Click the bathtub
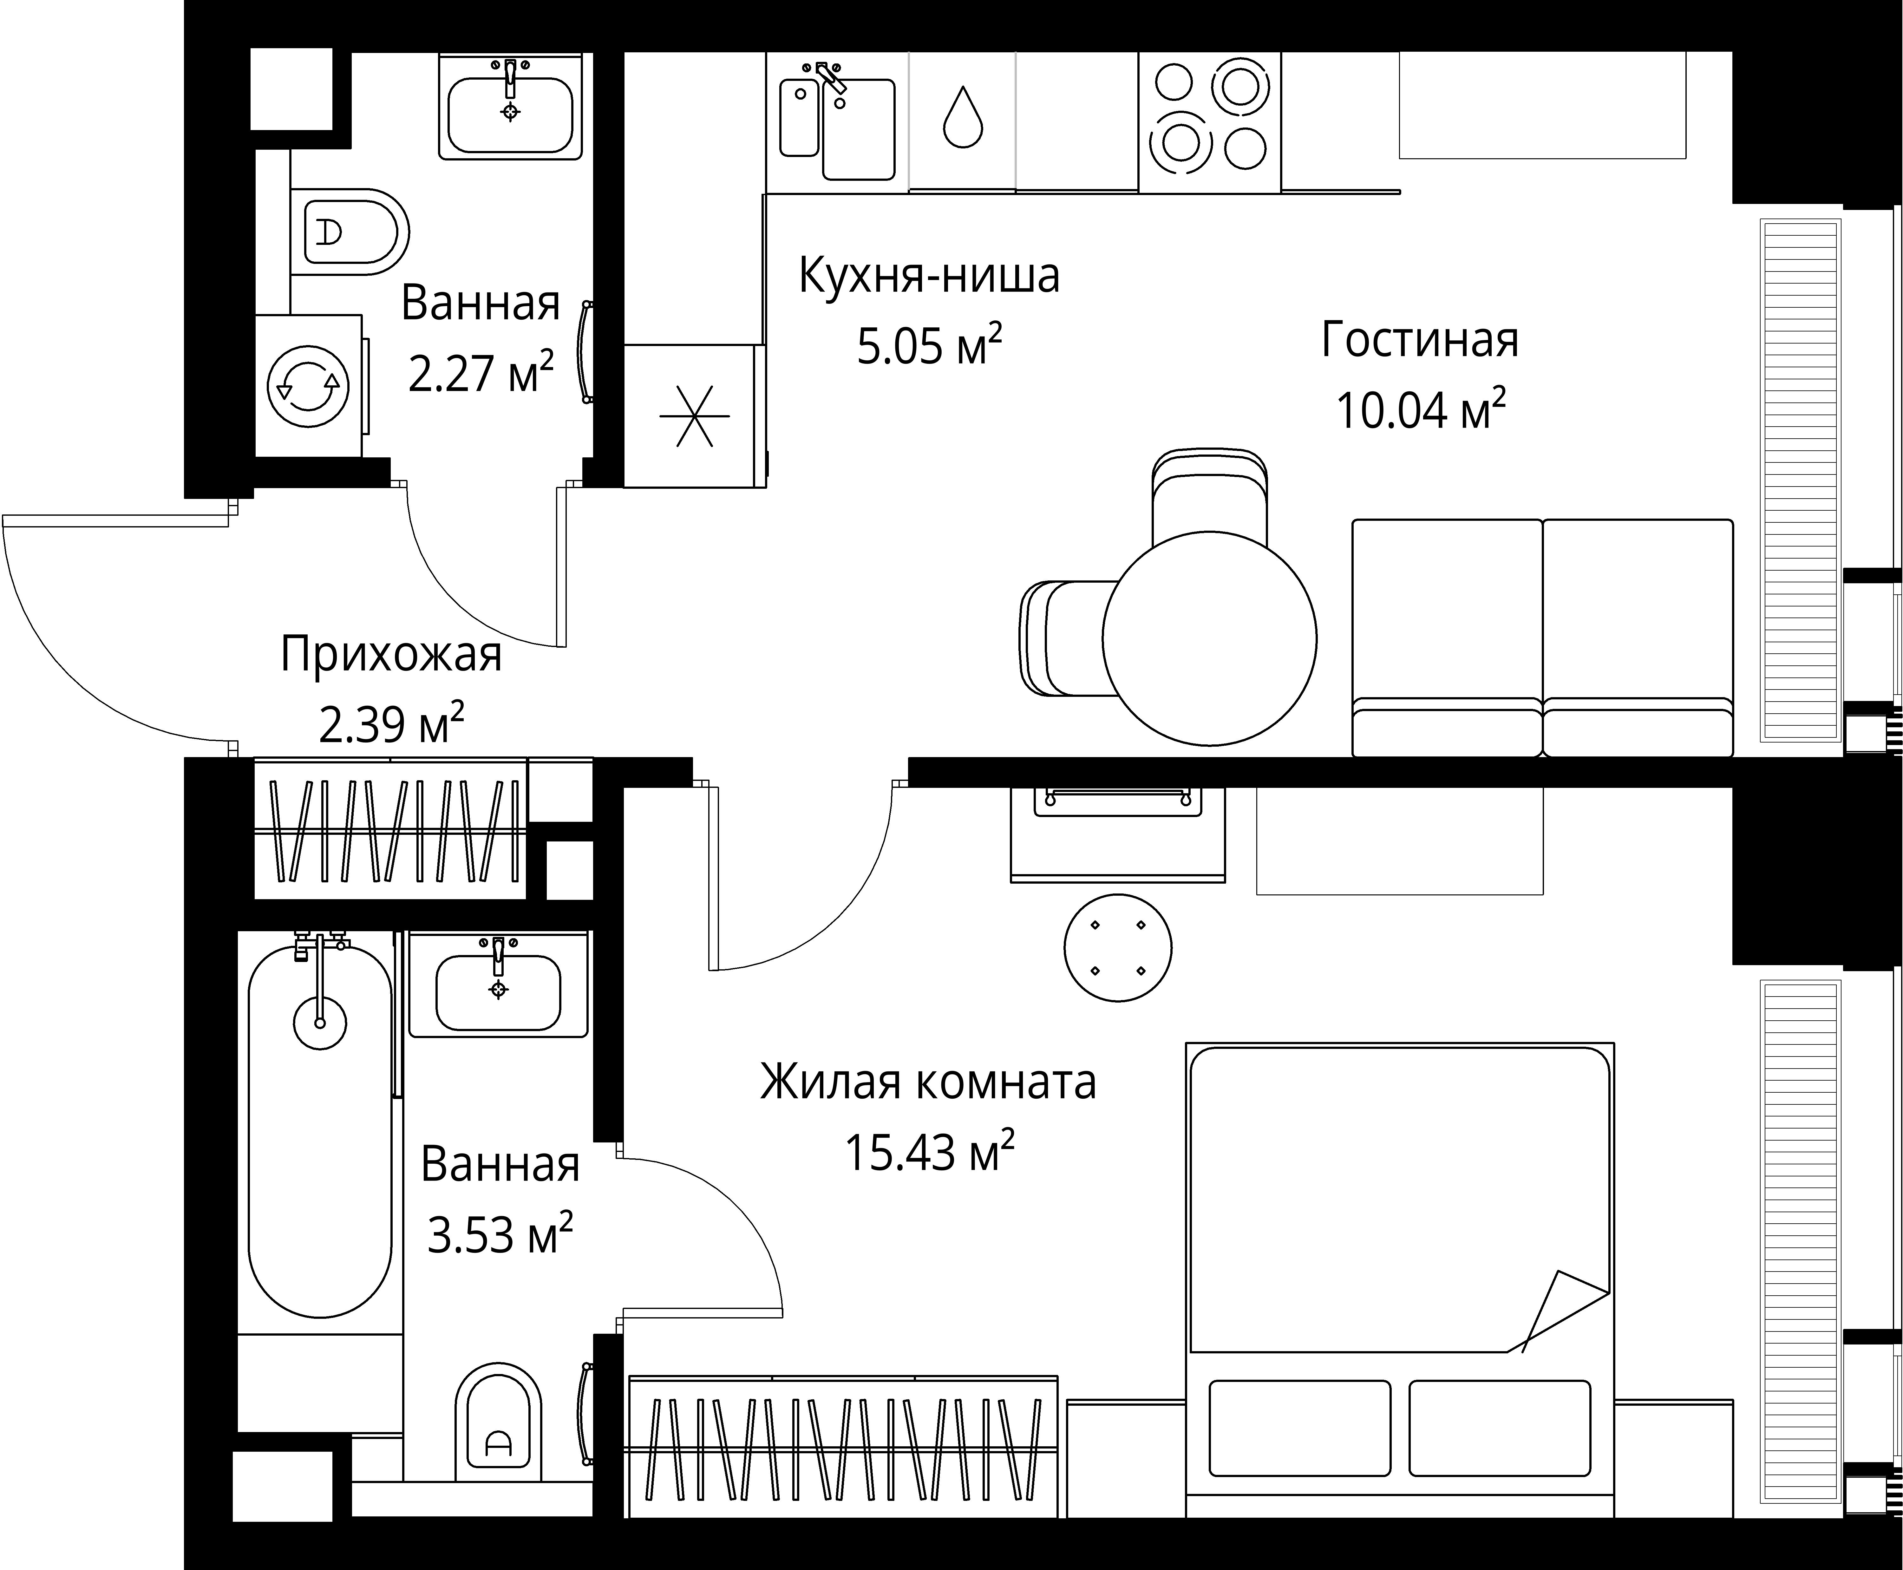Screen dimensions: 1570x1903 click(320, 1130)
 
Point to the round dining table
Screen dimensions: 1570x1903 click(1209, 638)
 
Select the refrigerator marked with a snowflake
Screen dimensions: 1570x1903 click(694, 416)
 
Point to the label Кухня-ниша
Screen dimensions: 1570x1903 click(929, 276)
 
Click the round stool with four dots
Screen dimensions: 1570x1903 click(1118, 948)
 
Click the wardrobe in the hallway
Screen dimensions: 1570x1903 click(391, 829)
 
